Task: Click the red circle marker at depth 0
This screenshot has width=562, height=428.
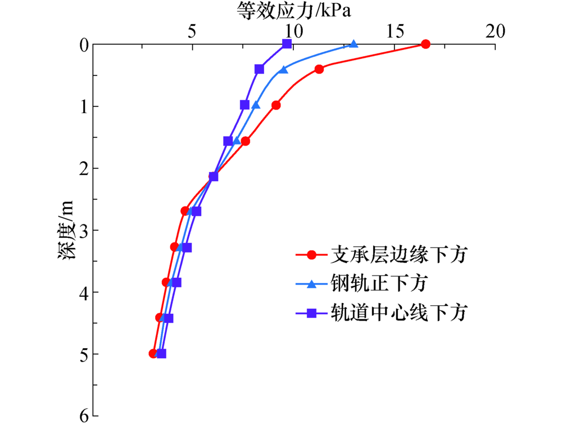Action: (x=425, y=44)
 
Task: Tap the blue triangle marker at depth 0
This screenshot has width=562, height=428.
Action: (x=353, y=44)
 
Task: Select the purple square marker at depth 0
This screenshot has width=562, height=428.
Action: (x=287, y=44)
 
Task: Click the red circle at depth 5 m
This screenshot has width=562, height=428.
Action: (x=153, y=353)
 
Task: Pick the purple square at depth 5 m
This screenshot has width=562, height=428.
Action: (x=162, y=353)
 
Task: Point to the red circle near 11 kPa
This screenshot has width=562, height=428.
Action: (x=319, y=69)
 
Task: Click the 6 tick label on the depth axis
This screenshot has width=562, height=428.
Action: (x=83, y=416)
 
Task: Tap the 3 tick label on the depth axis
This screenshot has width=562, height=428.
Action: (x=83, y=230)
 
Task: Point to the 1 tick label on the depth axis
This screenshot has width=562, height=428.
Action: (x=83, y=106)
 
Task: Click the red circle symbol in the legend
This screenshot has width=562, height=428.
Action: (x=312, y=256)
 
